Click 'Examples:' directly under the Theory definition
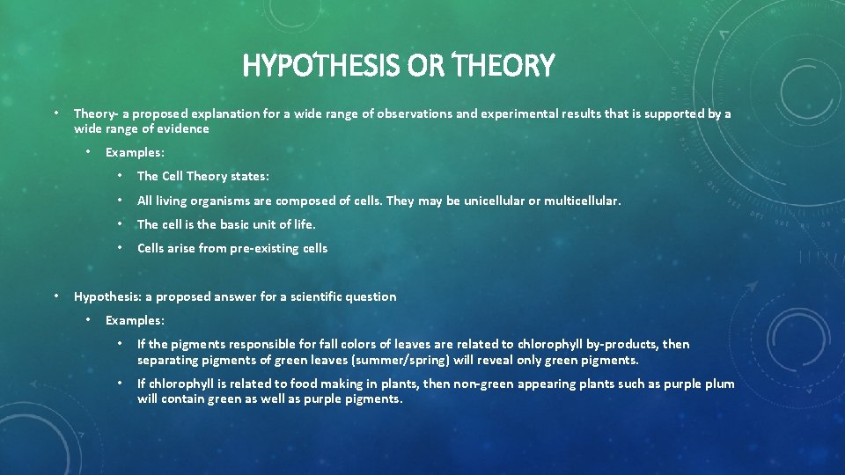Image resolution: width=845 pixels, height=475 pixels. tap(135, 152)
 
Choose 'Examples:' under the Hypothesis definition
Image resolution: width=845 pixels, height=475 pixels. tap(135, 320)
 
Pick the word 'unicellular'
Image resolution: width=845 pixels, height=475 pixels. tap(490, 201)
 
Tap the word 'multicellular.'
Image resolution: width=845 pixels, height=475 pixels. tap(582, 201)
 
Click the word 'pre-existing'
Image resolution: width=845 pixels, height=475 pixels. tap(265, 248)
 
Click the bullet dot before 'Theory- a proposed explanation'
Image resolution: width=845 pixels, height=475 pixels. tap(55, 113)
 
